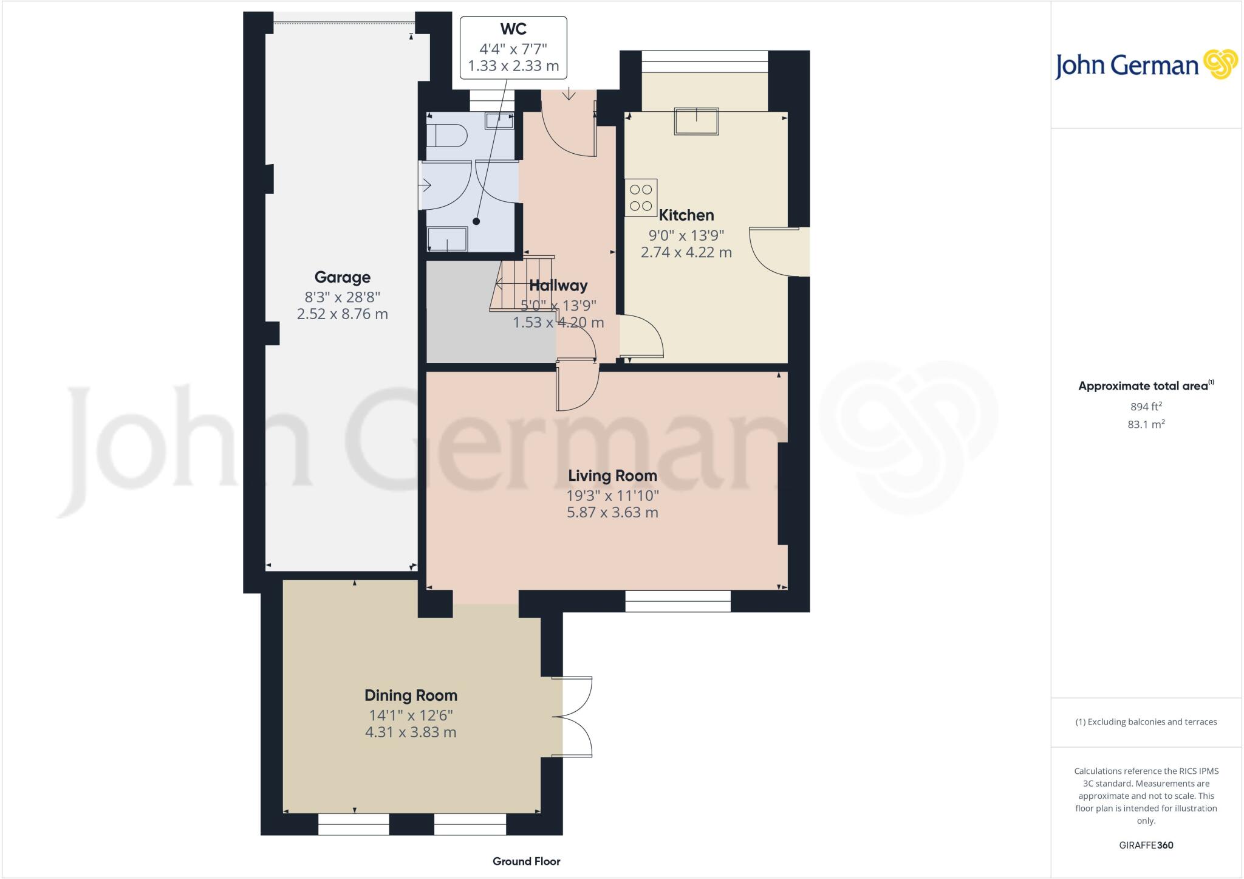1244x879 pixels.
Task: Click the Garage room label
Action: pyautogui.click(x=342, y=277)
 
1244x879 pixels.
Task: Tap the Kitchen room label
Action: pyautogui.click(x=686, y=215)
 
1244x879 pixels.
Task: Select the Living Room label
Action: pyautogui.click(x=612, y=475)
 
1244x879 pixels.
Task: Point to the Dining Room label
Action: pyautogui.click(x=411, y=695)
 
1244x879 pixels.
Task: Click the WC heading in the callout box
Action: pyautogui.click(x=513, y=29)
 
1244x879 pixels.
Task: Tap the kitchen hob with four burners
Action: pyautogui.click(x=641, y=198)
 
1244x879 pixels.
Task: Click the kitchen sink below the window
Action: pyautogui.click(x=696, y=121)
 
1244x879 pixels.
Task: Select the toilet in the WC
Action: pyautogui.click(x=446, y=136)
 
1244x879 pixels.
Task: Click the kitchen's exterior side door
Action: pyautogui.click(x=780, y=252)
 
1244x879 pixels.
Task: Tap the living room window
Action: pyautogui.click(x=678, y=601)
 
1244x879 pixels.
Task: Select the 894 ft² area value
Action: pyautogui.click(x=1146, y=407)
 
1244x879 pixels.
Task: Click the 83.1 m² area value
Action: pyautogui.click(x=1146, y=424)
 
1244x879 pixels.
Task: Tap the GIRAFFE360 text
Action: pyautogui.click(x=1146, y=845)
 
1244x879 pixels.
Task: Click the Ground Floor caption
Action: pyautogui.click(x=526, y=861)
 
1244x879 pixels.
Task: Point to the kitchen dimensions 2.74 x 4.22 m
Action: pyautogui.click(x=686, y=252)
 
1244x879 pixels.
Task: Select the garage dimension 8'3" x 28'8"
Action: pyautogui.click(x=342, y=297)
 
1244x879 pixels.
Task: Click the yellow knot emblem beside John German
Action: pyautogui.click(x=1220, y=65)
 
